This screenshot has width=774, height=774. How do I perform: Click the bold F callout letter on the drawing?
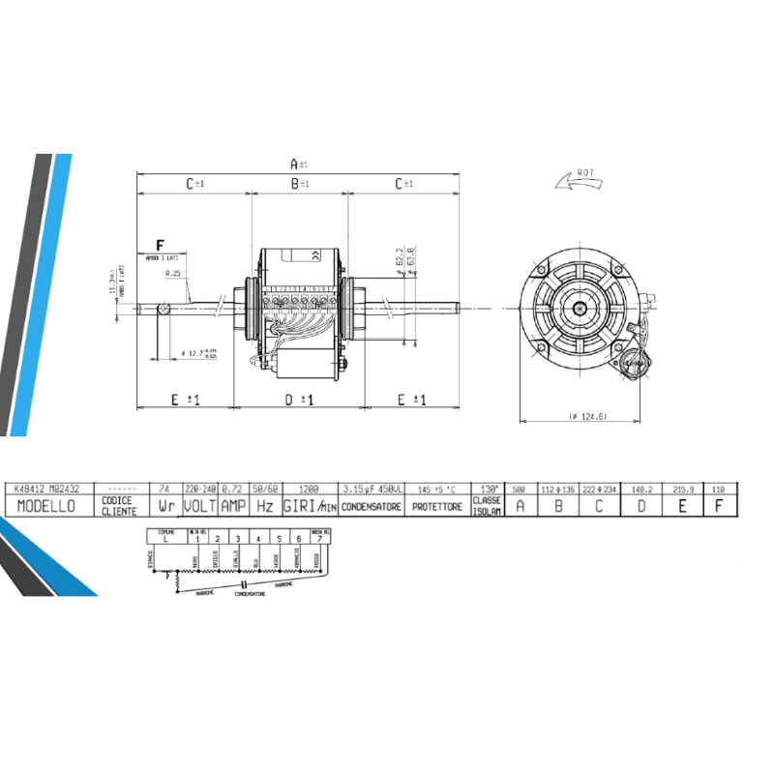[x=161, y=246]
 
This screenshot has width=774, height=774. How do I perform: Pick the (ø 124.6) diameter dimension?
[x=581, y=417]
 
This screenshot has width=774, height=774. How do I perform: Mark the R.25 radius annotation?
[x=173, y=274]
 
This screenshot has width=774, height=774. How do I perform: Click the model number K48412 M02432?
[x=47, y=490]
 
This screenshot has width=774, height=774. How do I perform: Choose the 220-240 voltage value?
[x=199, y=490]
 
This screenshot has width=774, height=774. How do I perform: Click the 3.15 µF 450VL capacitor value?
[x=371, y=490]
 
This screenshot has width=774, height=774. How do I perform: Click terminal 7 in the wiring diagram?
[x=318, y=538]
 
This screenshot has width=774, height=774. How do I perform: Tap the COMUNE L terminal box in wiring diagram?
[x=165, y=536]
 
